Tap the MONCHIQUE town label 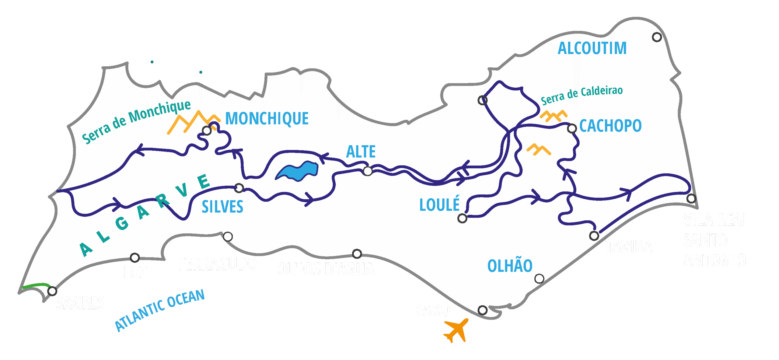point(267,118)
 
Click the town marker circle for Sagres point(52,291)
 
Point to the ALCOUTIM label point(592,48)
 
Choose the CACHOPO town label point(610,126)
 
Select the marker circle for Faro point(483,310)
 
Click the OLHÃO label point(510,266)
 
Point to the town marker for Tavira point(594,236)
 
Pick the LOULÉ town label point(439,204)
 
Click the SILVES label point(222,207)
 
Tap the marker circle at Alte point(368,171)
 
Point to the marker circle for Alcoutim point(657,37)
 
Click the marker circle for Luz point(135,258)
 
